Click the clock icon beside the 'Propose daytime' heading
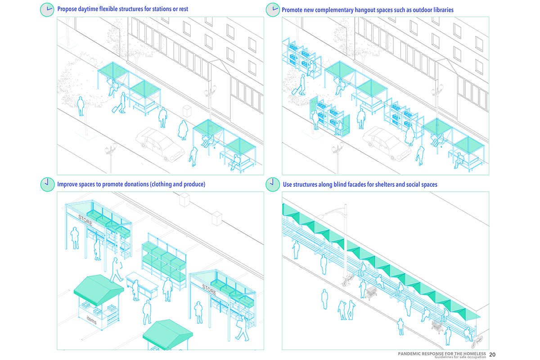[x=47, y=9]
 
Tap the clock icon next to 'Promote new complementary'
[x=272, y=9]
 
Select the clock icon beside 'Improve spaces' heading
[x=47, y=184]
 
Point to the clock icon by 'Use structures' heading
[x=272, y=184]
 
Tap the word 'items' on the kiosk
[x=92, y=321]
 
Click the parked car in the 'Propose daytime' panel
[x=160, y=143]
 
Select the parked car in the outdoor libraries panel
[x=385, y=143]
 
